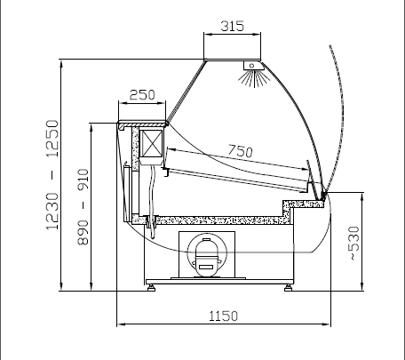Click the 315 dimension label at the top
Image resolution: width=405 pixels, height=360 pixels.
[233, 26]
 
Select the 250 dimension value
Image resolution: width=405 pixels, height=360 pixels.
[142, 95]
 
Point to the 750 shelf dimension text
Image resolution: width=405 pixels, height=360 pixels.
[241, 151]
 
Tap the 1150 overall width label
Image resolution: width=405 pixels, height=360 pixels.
[224, 316]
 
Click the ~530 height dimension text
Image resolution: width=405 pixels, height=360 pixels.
[354, 244]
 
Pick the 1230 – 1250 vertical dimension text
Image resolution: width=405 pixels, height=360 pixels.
[52, 174]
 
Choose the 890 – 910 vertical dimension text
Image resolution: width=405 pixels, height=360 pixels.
[83, 207]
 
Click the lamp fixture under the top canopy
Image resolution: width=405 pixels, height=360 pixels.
[252, 66]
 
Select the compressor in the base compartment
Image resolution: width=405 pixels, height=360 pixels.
[207, 257]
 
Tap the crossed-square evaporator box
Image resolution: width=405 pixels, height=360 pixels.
[151, 144]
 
